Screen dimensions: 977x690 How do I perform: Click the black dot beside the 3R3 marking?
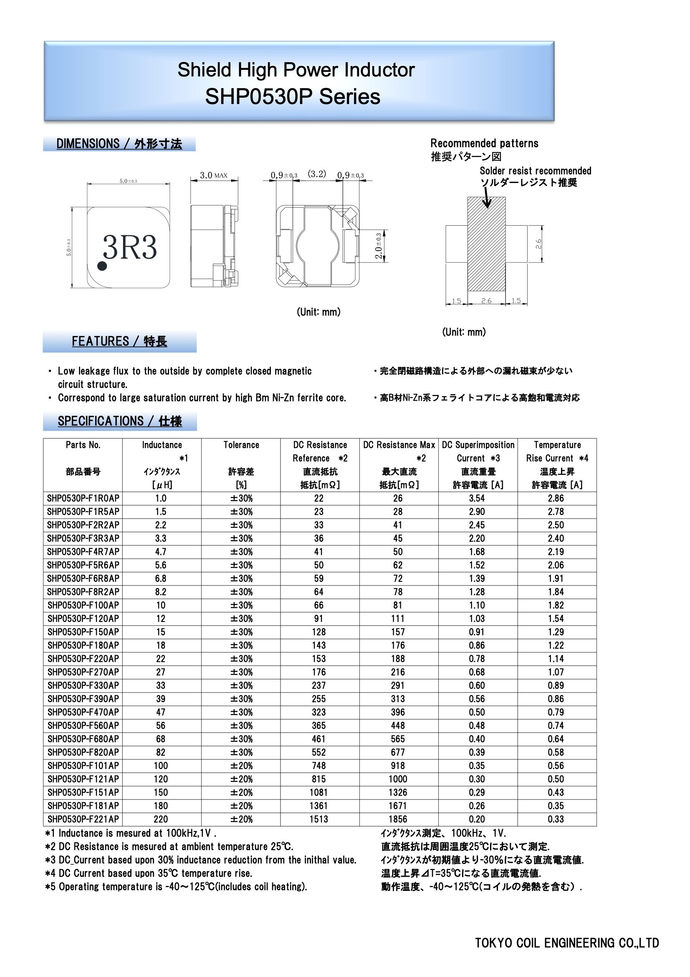click(102, 266)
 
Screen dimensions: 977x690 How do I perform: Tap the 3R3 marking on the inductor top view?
click(130, 247)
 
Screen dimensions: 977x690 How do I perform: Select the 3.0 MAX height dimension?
click(213, 176)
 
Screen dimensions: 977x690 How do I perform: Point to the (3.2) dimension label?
click(317, 174)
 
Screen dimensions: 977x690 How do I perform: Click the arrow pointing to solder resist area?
click(487, 198)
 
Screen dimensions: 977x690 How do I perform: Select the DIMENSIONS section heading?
click(119, 144)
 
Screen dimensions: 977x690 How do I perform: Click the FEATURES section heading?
click(119, 341)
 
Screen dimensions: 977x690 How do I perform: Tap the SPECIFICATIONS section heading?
click(119, 421)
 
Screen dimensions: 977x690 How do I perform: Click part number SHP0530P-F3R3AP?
click(83, 538)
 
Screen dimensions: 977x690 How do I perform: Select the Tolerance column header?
click(241, 445)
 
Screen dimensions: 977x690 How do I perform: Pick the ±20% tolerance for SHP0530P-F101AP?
click(241, 766)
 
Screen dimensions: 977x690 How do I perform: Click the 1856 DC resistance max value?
click(398, 819)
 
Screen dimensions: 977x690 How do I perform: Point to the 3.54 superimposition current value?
click(477, 498)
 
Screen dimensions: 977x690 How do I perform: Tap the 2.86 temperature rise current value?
click(556, 498)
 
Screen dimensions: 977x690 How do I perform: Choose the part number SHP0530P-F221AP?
click(83, 819)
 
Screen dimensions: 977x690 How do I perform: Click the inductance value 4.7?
click(161, 552)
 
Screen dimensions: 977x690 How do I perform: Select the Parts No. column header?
click(83, 445)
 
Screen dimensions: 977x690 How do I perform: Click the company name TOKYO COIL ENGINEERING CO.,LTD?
click(567, 943)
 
